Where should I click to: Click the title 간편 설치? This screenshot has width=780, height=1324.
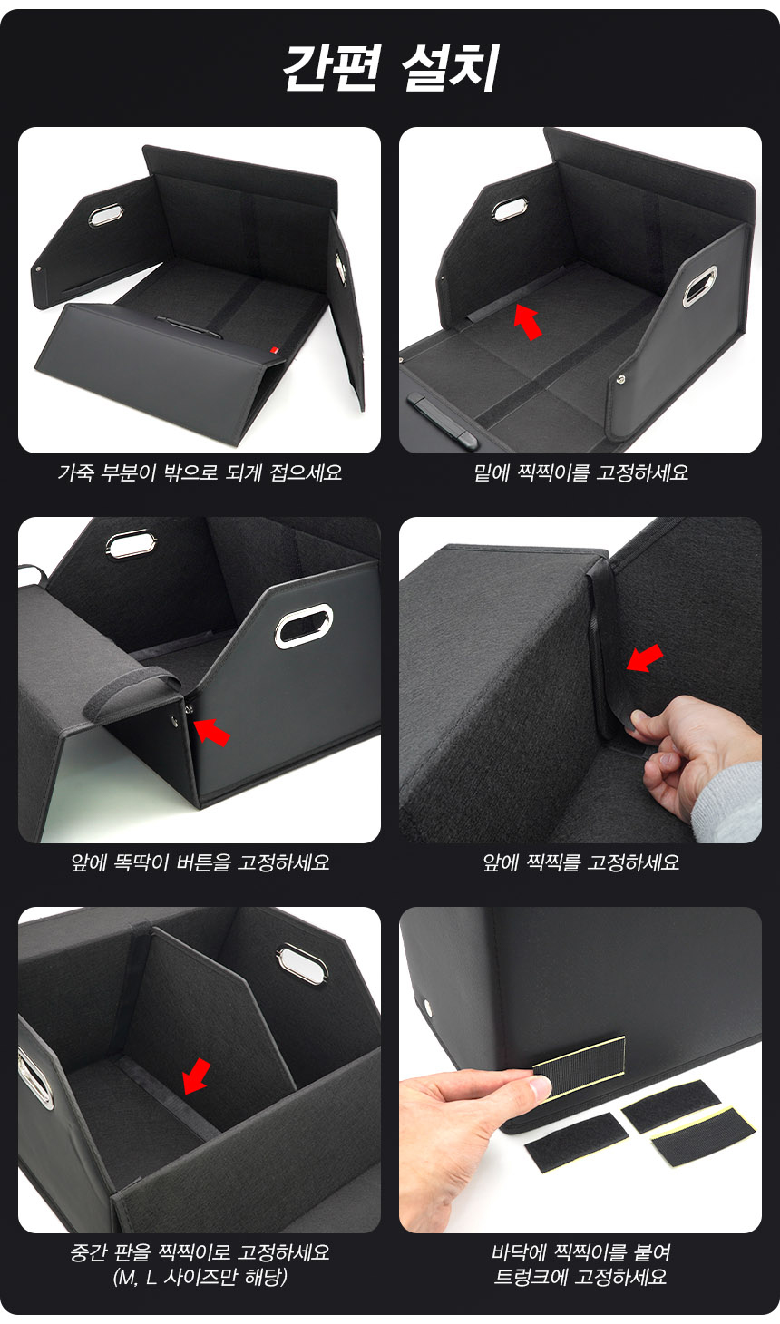[390, 67]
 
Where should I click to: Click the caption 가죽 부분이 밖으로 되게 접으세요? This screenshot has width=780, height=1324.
[200, 472]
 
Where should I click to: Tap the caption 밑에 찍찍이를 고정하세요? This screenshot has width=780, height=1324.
[580, 472]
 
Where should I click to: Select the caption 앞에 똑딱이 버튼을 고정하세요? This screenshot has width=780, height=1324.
[200, 862]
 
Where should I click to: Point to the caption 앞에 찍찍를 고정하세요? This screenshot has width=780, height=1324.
[580, 862]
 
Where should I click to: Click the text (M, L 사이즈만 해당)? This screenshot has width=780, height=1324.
[200, 1278]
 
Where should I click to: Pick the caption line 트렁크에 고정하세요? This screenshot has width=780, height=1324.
[580, 1278]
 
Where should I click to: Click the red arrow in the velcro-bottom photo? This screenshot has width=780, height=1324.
[528, 322]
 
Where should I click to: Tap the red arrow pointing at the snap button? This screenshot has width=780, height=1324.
[211, 731]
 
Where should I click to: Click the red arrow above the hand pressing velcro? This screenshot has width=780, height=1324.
[645, 657]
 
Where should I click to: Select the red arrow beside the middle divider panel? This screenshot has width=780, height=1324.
[196, 1076]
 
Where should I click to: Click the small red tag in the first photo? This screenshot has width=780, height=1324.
[275, 350]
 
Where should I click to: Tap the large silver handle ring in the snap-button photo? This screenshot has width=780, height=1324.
[303, 626]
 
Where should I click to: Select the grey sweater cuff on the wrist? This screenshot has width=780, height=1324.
[728, 803]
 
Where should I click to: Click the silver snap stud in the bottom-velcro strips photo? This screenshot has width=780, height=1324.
[427, 1004]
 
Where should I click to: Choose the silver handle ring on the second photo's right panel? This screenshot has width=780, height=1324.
[700, 286]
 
